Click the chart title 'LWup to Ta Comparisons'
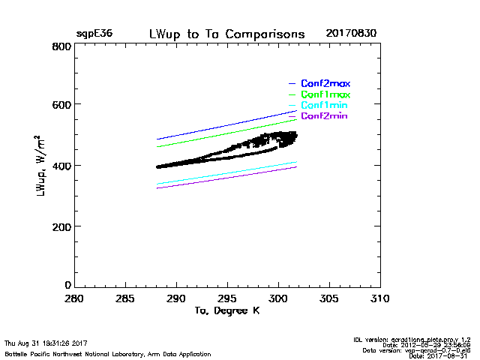(x=226, y=34)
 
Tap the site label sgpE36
(x=92, y=34)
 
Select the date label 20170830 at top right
(x=351, y=34)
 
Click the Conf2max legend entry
(x=325, y=83)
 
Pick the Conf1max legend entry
(x=325, y=94)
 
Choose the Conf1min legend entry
(x=325, y=105)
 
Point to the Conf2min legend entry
(x=325, y=116)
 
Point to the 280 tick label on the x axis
(x=74, y=298)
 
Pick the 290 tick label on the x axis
(x=176, y=298)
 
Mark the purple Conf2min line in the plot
(x=225, y=178)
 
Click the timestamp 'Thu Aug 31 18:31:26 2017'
(x=46, y=343)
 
